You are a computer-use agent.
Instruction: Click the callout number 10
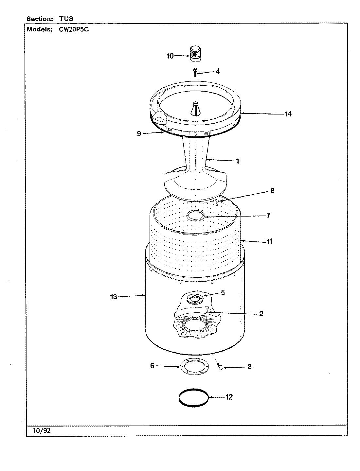tap(170, 56)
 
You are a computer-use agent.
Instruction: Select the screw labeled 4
tap(195, 72)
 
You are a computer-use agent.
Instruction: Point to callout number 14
tap(288, 114)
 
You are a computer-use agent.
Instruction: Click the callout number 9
tap(139, 133)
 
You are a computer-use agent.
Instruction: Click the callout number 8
tap(273, 191)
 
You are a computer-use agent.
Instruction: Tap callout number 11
tap(269, 242)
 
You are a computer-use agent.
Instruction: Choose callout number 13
tap(114, 297)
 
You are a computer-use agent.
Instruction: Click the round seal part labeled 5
tap(194, 298)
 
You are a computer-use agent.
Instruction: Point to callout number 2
tap(261, 314)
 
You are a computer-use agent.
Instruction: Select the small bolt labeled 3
tap(220, 368)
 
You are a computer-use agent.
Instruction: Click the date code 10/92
tap(42, 430)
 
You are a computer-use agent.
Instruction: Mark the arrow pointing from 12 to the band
tap(216, 397)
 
